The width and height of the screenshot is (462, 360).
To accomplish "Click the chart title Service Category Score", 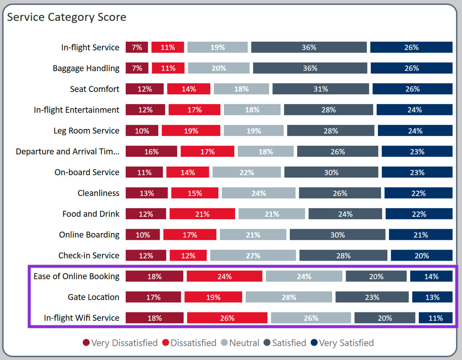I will [67, 17].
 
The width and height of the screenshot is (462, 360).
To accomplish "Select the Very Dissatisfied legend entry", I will [120, 343].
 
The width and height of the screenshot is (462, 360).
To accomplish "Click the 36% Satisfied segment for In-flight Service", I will [309, 48].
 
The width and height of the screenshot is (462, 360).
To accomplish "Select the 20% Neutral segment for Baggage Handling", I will [219, 68].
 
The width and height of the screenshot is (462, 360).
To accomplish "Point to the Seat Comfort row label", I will [94, 89].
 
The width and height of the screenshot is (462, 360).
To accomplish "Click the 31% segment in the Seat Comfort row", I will [321, 89].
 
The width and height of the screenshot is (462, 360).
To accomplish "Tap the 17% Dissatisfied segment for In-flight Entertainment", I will [194, 110].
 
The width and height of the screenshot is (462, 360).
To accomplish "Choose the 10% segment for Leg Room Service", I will [142, 131].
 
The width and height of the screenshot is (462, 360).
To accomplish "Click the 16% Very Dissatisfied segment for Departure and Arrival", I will [151, 152].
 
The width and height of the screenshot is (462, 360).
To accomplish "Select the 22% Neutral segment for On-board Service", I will [246, 172].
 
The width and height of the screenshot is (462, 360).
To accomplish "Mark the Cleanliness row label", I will [98, 193].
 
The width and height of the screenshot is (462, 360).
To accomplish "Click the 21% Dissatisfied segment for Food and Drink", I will [202, 214].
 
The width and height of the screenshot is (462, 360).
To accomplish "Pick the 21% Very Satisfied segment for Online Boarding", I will [421, 235].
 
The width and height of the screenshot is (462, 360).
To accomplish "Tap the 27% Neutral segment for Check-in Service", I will [253, 256].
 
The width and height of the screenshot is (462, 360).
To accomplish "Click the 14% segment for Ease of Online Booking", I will [431, 276].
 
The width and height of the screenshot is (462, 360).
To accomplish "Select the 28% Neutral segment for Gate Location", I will [289, 297].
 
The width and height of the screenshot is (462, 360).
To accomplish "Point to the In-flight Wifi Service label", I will [82, 318].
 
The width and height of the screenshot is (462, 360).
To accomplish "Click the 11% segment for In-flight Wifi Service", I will [436, 318].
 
